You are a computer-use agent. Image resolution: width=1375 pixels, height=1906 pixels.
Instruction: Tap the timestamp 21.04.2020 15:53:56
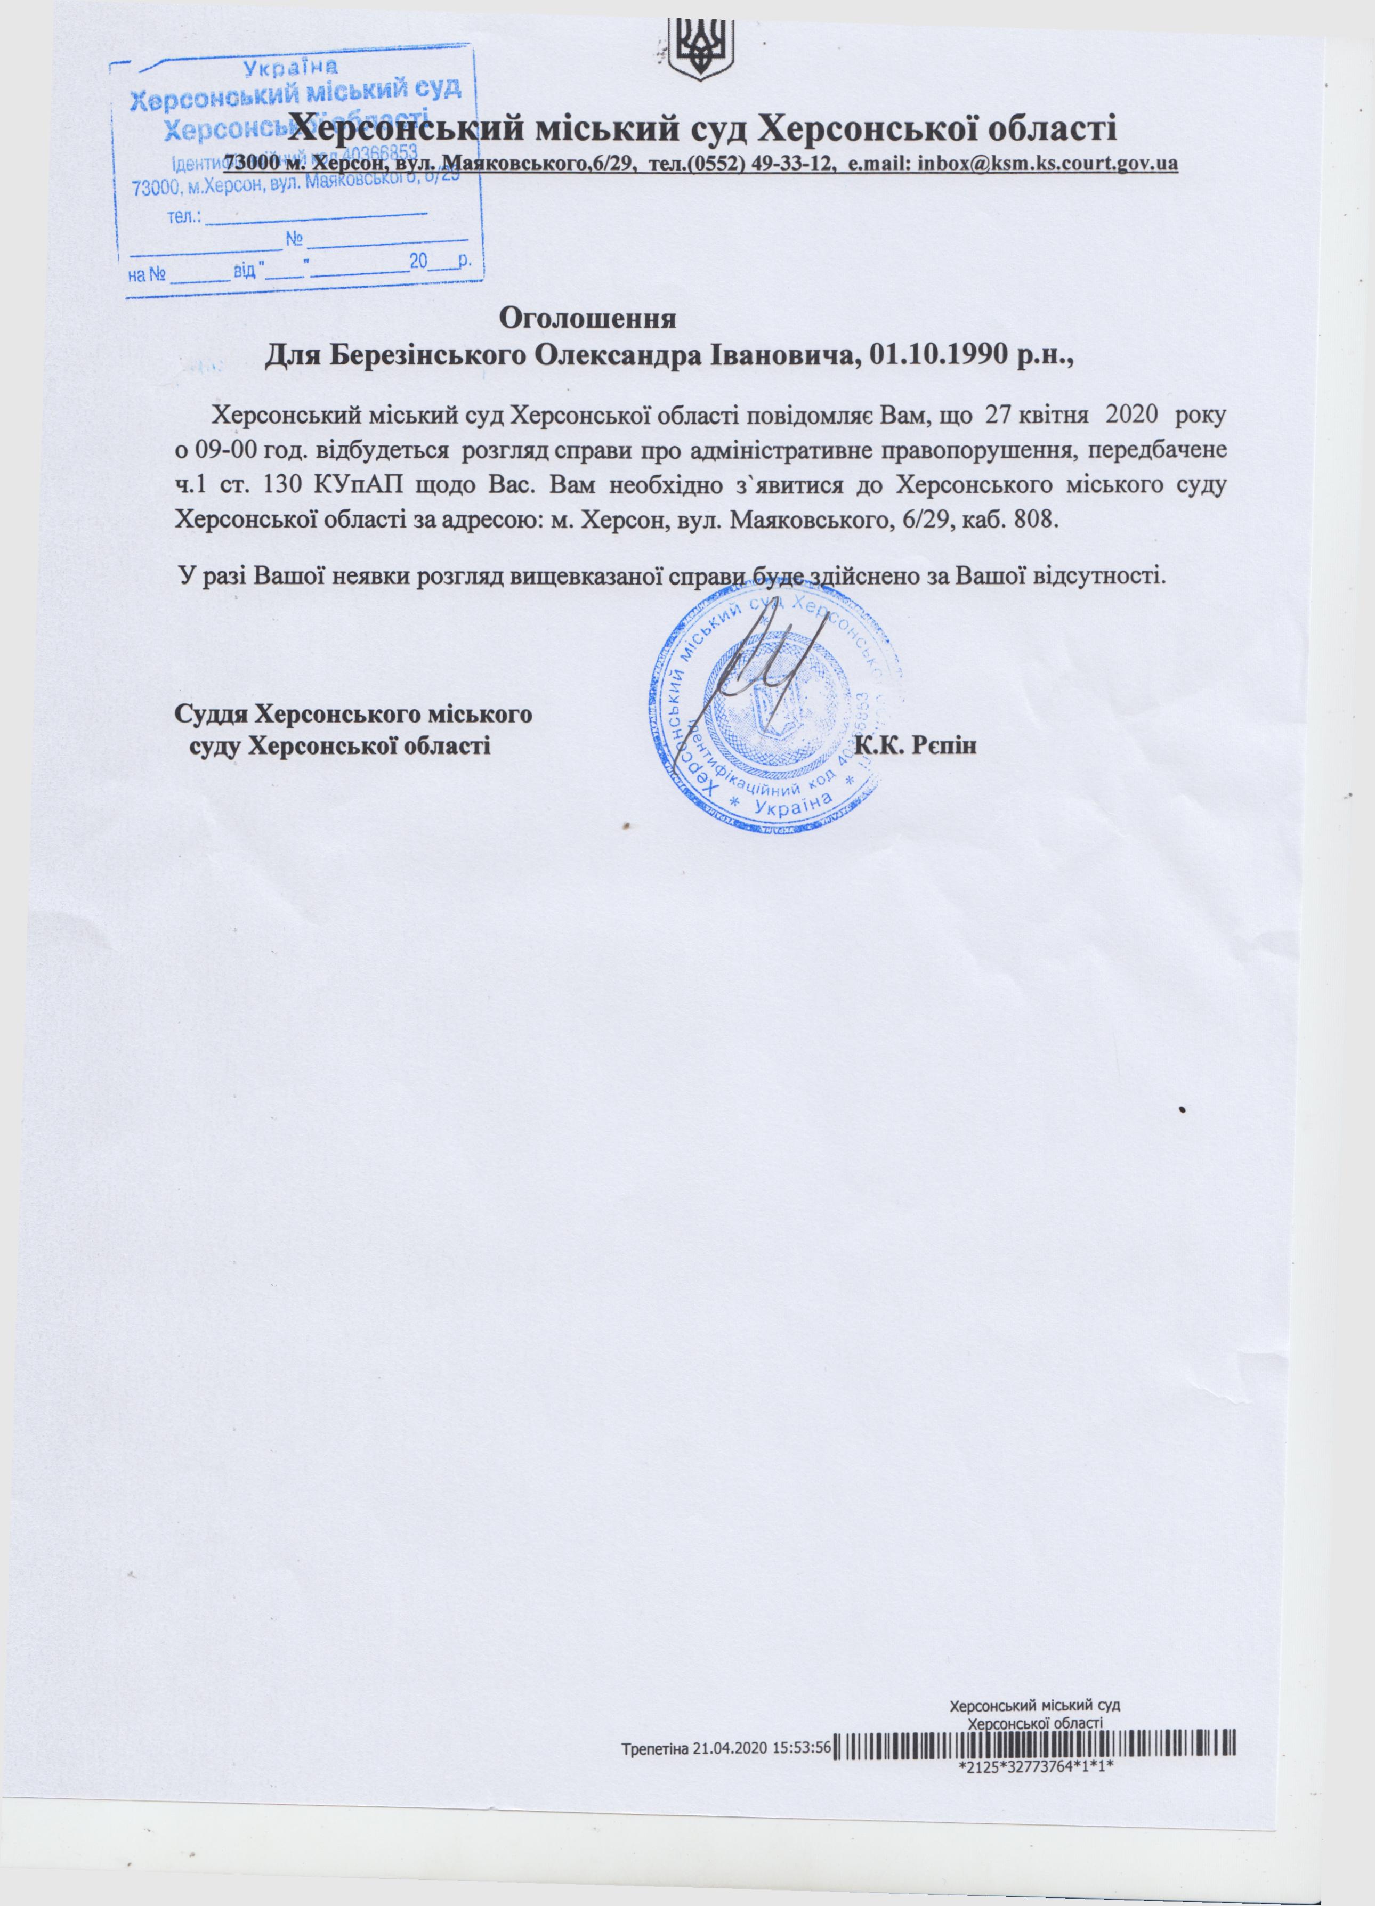click(x=762, y=1813)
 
